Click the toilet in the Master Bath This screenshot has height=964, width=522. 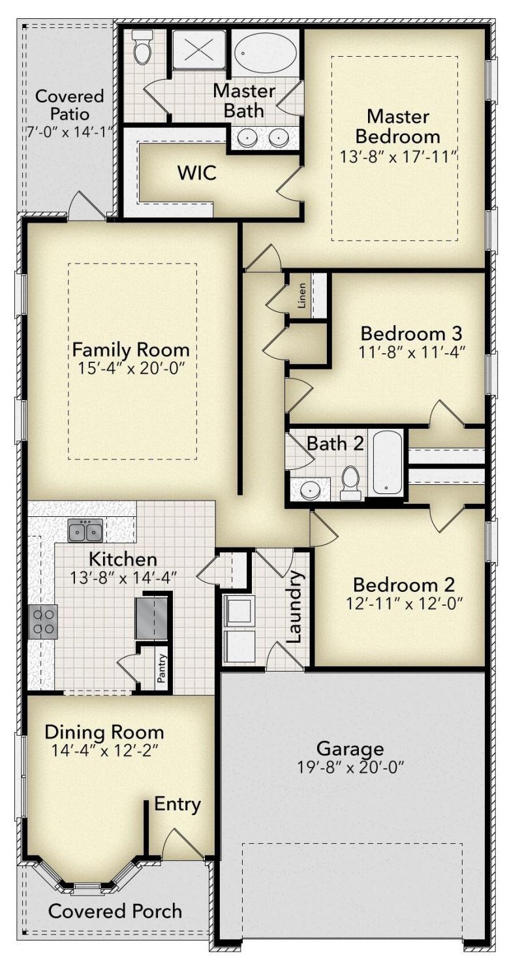coord(141,47)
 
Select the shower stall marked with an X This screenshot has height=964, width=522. coord(199,49)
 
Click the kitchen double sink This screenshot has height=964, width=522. coord(85,530)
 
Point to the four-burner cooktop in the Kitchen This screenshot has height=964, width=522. coord(43,622)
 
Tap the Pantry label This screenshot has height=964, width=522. coord(162,668)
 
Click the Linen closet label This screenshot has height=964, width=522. coord(302,295)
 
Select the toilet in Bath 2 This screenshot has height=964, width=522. coord(351,483)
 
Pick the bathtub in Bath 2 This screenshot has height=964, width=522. coord(387,462)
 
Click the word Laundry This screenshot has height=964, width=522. coord(296,607)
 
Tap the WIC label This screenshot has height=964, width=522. coord(197,173)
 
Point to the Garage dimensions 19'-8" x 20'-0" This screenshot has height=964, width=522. coord(351,767)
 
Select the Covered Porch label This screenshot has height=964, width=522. coord(115,911)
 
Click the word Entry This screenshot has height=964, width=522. coord(177,804)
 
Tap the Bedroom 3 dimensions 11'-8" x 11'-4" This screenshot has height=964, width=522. coord(412,352)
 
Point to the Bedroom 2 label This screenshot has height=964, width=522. coord(404,585)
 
